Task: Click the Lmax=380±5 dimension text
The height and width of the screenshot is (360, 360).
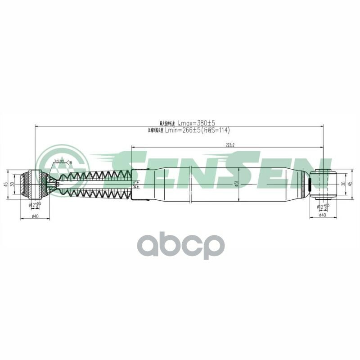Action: (197, 123)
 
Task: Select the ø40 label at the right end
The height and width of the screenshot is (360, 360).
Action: (322, 215)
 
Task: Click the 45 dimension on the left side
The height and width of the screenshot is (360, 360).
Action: (5, 184)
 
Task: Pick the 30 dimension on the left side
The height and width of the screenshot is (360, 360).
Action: (13, 184)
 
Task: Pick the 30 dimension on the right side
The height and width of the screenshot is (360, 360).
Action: (342, 184)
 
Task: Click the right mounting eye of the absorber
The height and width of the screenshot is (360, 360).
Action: (325, 184)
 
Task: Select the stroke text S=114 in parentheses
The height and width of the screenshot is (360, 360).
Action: (216, 130)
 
